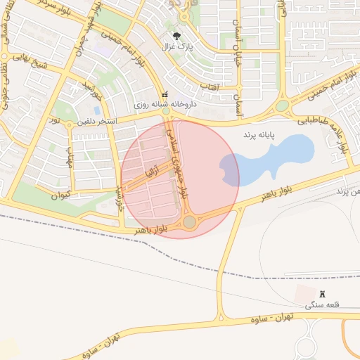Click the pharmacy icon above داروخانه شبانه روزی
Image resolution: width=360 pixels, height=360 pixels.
[165, 94]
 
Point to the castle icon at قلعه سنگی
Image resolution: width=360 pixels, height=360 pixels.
[323, 295]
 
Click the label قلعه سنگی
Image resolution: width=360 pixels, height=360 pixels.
[323, 305]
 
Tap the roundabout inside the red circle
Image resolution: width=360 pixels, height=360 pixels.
[189, 222]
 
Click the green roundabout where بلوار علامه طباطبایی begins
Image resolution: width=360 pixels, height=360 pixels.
[282, 106]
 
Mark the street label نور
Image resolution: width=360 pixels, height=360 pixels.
[53, 121]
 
